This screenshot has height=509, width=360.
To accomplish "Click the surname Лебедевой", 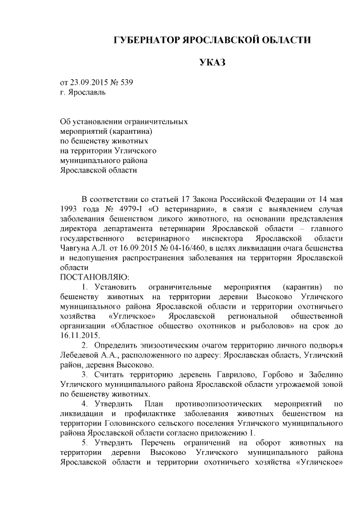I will tap(82, 355).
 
